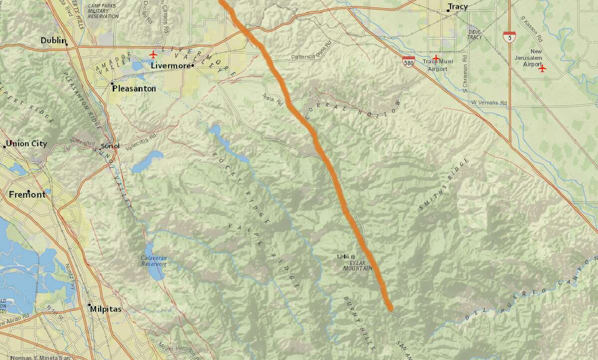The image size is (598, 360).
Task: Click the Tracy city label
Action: point(457,7)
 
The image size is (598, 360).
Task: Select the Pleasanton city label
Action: point(134,89)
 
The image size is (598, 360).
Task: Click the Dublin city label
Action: point(54,40)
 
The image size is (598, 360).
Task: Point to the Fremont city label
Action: point(27,195)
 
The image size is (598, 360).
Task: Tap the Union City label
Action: point(26,144)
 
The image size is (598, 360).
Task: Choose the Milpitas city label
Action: point(106,309)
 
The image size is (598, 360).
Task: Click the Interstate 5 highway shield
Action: point(509,36)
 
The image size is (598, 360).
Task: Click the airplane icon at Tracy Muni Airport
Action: point(437,58)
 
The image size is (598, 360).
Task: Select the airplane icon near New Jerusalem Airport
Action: point(543,68)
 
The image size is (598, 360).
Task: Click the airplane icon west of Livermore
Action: point(153,54)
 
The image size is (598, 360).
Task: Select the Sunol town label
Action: point(110,146)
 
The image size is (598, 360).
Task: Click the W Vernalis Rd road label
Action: point(489,103)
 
